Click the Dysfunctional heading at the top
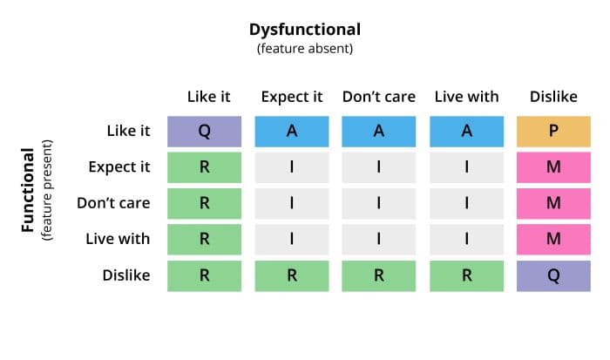click(305, 30)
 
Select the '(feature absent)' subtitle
click(305, 49)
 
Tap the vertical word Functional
click(28, 190)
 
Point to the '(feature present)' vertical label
click(47, 190)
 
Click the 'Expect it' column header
click(292, 97)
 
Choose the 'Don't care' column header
click(379, 97)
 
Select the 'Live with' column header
click(466, 97)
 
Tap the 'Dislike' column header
click(553, 97)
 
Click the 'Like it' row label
click(128, 131)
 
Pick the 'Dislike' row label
click(126, 275)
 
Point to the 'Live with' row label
click(118, 239)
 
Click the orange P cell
click(553, 132)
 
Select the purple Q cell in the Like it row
click(204, 132)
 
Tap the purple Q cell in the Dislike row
click(553, 276)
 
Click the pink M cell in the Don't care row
click(553, 204)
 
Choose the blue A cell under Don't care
click(379, 132)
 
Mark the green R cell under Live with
click(466, 276)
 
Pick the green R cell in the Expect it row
click(204, 167)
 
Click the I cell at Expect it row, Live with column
click(466, 167)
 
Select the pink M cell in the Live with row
click(553, 240)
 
